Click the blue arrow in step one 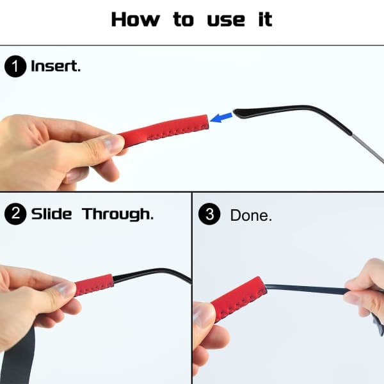tap(221, 118)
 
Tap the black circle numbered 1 tap(15, 67)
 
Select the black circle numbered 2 tap(15, 214)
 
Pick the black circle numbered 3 tap(209, 214)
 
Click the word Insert tap(56, 67)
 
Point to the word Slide tap(51, 214)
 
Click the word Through tap(118, 214)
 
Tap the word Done tap(251, 215)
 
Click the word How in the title tap(136, 19)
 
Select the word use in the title tap(226, 20)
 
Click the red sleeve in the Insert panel tap(164, 131)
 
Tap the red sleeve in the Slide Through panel tap(94, 285)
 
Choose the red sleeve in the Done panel tap(239, 298)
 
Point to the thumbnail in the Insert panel tap(111, 144)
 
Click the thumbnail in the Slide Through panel tap(65, 289)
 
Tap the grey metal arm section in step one tap(368, 148)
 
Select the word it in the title tap(265, 19)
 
